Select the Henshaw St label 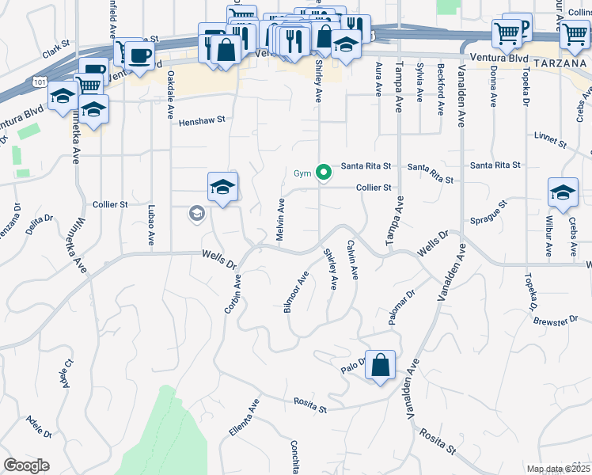[x=202, y=122]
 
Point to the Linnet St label [x=551, y=141]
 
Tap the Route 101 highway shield [x=40, y=82]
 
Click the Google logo [x=27, y=465]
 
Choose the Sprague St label [x=493, y=219]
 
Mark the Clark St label [x=57, y=51]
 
